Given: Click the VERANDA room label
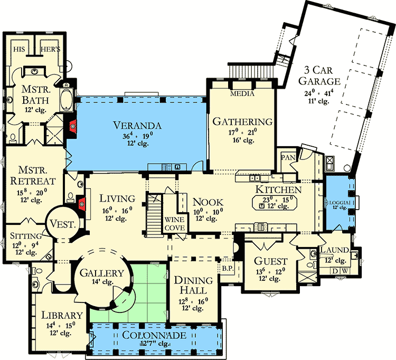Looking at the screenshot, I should tap(137, 125).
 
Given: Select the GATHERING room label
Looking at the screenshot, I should tap(242, 121).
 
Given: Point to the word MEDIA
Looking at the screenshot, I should tap(242, 93).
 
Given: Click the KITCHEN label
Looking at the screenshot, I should tap(279, 189).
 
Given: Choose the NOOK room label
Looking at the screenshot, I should tap(208, 202).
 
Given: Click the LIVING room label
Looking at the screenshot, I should tap(118, 198).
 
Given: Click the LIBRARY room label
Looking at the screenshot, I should tap(61, 315).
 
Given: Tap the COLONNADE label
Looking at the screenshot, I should tap(155, 336).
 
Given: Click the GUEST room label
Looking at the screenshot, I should tap(270, 261).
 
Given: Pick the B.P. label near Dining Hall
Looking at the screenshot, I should tap(228, 268).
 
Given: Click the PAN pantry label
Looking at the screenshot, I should tap(288, 157).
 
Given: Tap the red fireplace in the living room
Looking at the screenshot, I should tap(81, 204).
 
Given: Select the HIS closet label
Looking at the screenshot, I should tap(20, 48).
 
